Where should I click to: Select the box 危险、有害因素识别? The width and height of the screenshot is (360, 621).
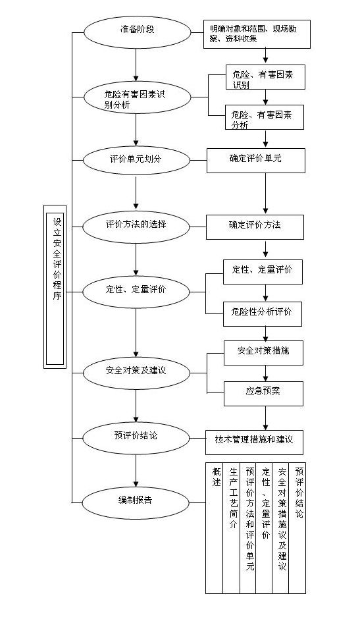pyautogui.click(x=263, y=80)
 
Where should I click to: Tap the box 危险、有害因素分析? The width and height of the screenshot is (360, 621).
pyautogui.click(x=263, y=119)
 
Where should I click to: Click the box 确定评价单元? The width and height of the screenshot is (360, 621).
pyautogui.click(x=255, y=160)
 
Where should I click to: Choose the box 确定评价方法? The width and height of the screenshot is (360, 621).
pyautogui.click(x=255, y=226)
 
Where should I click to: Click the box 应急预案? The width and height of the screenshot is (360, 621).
pyautogui.click(x=263, y=392)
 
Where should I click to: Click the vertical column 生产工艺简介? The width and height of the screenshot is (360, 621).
pyautogui.click(x=232, y=527)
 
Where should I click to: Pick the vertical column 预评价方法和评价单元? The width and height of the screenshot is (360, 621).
pyautogui.click(x=249, y=527)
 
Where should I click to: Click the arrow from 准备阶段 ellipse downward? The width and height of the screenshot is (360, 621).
pyautogui.click(x=136, y=63)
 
